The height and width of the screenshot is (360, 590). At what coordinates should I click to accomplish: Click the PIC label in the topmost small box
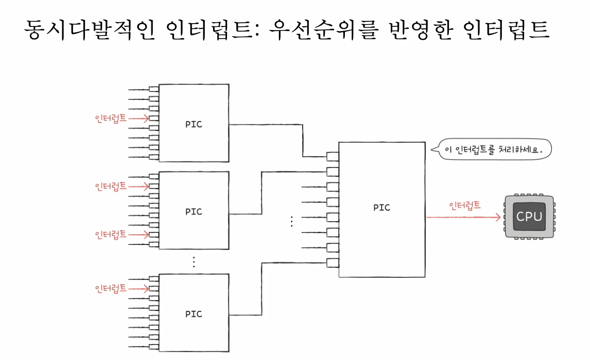tap(194, 124)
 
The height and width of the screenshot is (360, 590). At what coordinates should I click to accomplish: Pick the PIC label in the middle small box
tap(194, 212)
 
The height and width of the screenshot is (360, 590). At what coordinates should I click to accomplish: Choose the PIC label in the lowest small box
tap(194, 314)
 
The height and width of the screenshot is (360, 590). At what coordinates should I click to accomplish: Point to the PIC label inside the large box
tap(382, 207)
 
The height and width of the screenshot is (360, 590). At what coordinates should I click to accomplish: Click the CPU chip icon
tap(529, 217)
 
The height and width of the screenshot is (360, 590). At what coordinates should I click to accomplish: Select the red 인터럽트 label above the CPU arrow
tap(465, 205)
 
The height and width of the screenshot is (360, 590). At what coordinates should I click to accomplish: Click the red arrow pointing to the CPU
tap(464, 217)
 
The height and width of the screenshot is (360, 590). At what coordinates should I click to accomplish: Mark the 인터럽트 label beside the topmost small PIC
tap(110, 118)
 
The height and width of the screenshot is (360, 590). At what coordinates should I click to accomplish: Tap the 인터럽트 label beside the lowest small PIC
tap(110, 288)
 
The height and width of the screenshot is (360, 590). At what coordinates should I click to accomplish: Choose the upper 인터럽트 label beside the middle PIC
tap(110, 186)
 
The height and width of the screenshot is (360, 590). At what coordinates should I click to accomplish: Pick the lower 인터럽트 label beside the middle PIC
tap(110, 234)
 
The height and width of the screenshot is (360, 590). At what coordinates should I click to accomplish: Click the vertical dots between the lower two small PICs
tap(194, 262)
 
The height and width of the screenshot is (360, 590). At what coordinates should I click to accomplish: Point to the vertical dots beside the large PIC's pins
tap(292, 221)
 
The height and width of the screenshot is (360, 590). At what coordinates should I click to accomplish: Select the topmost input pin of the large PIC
tap(332, 156)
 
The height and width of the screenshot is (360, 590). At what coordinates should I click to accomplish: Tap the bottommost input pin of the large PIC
tap(332, 263)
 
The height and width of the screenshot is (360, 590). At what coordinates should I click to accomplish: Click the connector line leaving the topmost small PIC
tap(265, 124)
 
